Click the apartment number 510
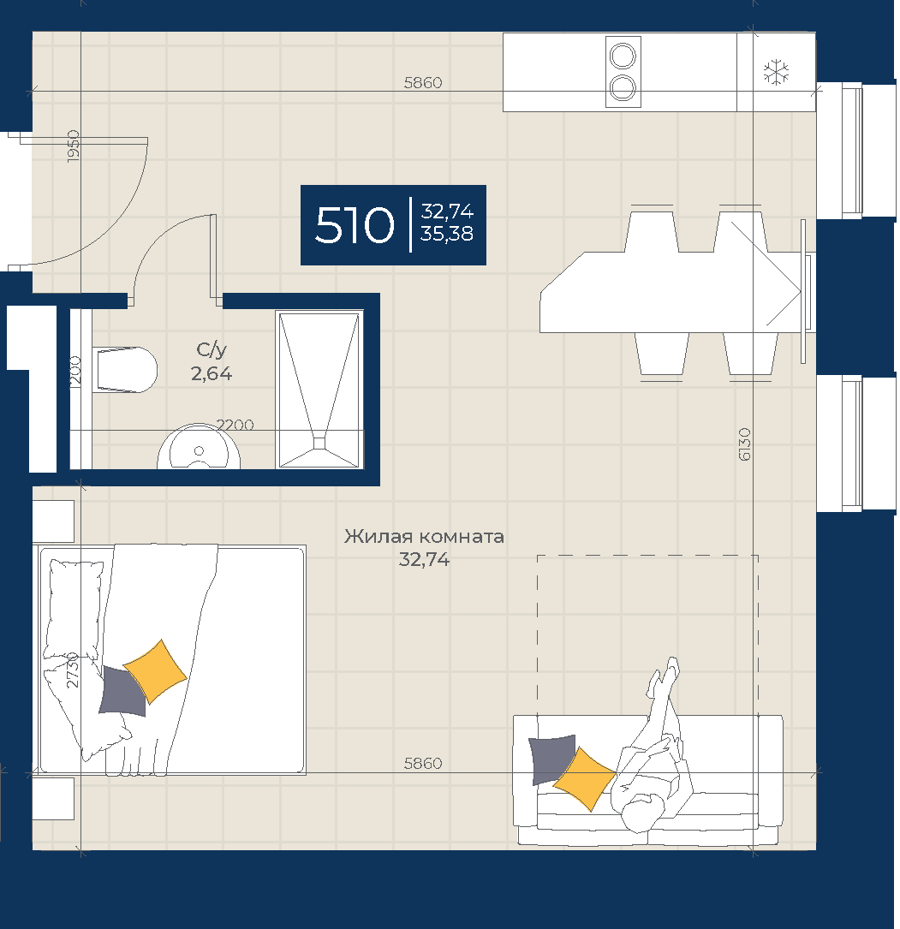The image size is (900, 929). coord(355,225)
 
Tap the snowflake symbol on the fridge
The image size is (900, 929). coord(776,72)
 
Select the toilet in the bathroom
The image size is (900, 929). coord(125,370)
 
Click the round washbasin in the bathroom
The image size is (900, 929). coord(199,447)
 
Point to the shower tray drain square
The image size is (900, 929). coord(319,444)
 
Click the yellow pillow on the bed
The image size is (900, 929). coord(155,671)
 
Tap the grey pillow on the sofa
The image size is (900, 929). coord(550,759)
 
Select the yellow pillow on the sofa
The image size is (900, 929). coord(584,778)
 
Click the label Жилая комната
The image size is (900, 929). coord(424,536)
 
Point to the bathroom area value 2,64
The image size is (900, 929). coord(212,373)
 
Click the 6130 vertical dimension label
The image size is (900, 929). coord(745,444)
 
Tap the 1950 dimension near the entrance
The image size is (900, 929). coord(73,146)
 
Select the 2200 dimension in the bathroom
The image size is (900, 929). coord(235,425)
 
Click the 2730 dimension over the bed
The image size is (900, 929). coord(72,670)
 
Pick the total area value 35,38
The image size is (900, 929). coord(447,234)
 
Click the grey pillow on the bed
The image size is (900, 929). coord(122,691)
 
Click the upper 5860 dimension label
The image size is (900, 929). coord(423,83)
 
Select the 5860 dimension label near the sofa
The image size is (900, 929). coord(423,763)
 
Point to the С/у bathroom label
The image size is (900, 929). coord(212,350)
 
